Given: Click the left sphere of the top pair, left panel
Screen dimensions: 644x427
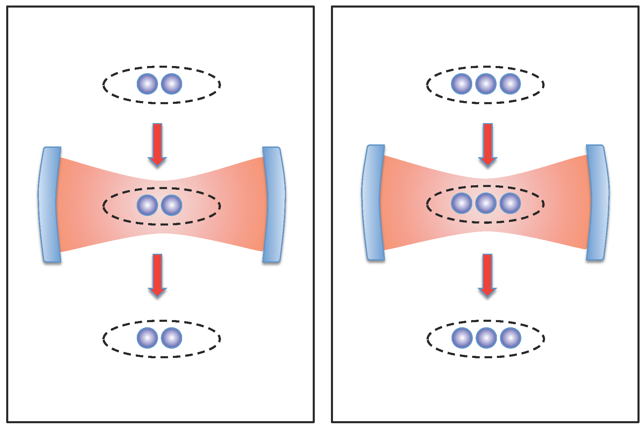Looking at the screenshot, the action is coord(147,84).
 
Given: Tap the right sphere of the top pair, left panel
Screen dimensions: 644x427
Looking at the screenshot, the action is coord(171,84).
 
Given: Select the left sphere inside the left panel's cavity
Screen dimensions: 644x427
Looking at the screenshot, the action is coord(147,205).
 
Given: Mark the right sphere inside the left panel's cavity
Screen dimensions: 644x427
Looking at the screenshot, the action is coord(171,205).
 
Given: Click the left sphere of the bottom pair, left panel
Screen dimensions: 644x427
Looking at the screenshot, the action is coord(147,338).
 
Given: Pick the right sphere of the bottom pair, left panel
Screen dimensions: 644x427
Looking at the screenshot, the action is coord(171,338).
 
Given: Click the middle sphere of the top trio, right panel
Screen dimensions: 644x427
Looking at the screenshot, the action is coord(486,84).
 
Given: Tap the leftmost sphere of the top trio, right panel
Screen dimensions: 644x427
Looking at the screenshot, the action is coord(462,84).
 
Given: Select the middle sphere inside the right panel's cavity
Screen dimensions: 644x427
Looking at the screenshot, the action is coord(486,203).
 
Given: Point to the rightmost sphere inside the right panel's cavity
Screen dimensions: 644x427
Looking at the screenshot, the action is coord(510,203).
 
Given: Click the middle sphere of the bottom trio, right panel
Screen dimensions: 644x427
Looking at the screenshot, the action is coord(486,338).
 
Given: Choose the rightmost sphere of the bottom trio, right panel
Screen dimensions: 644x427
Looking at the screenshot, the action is coord(511,338).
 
